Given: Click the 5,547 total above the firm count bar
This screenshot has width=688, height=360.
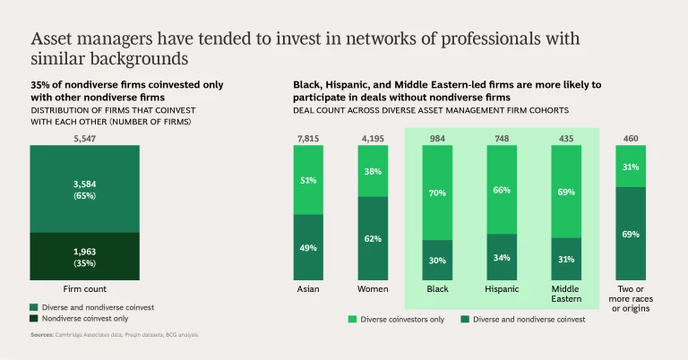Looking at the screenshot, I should coord(86,139).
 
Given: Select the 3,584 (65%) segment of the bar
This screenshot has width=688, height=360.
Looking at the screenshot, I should coord(86,189).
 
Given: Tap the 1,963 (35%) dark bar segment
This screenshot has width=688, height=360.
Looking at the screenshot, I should coord(86,256).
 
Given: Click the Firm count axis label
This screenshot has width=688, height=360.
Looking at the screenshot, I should coord(86,289).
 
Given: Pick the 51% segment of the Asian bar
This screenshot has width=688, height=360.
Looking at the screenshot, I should coord(308,180).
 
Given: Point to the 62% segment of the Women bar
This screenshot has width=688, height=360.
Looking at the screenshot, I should coord(372,238).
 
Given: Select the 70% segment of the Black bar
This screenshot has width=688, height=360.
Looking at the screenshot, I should coord(438,193).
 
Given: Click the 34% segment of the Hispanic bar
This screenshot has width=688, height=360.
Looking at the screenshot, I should coord(502,257).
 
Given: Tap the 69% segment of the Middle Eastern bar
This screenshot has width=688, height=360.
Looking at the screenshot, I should coord(566,192).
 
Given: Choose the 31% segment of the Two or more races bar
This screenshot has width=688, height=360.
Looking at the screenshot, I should coord(631,167).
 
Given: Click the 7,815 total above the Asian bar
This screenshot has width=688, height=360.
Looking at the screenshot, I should coord(308,139).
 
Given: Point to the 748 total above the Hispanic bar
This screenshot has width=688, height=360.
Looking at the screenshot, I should coord(502,139).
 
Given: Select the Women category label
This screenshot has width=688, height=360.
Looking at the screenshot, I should coord(372,289).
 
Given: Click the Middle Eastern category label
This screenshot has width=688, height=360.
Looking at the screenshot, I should coord(566,295).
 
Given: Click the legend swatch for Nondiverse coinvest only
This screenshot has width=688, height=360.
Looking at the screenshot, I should coord(35,318).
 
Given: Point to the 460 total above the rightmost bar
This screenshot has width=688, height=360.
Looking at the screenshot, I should coord(631,139).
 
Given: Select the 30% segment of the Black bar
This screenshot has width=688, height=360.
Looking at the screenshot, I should coord(438,260).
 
